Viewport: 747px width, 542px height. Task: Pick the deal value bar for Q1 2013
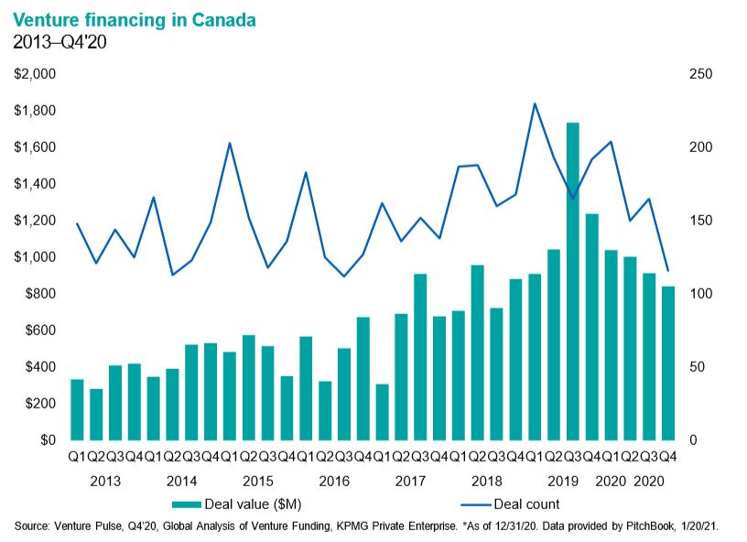(x=77, y=409)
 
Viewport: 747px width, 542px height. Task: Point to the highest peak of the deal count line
(x=535, y=103)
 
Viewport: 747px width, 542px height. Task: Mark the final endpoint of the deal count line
(x=668, y=270)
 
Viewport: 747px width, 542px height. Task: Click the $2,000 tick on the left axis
(x=35, y=74)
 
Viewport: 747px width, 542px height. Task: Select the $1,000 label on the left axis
(x=35, y=257)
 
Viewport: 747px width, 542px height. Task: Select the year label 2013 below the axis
(x=106, y=481)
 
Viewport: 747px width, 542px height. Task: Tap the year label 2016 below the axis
(x=334, y=481)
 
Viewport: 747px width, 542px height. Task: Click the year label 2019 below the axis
(x=561, y=481)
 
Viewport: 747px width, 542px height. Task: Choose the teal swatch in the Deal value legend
(x=196, y=504)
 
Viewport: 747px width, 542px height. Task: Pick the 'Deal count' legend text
(x=526, y=504)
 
